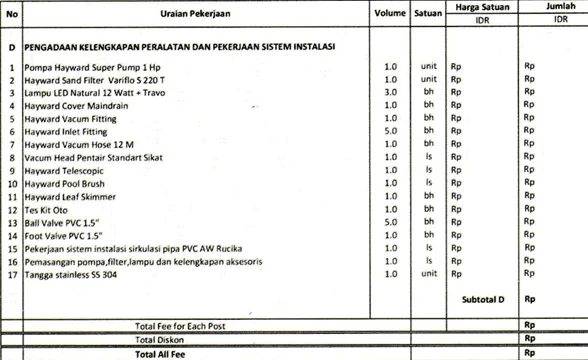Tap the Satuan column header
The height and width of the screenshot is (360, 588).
click(432, 15)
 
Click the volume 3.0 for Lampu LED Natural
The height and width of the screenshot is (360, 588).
click(391, 92)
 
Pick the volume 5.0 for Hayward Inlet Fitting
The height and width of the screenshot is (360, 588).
click(391, 131)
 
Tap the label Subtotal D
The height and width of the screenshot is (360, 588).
click(484, 299)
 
